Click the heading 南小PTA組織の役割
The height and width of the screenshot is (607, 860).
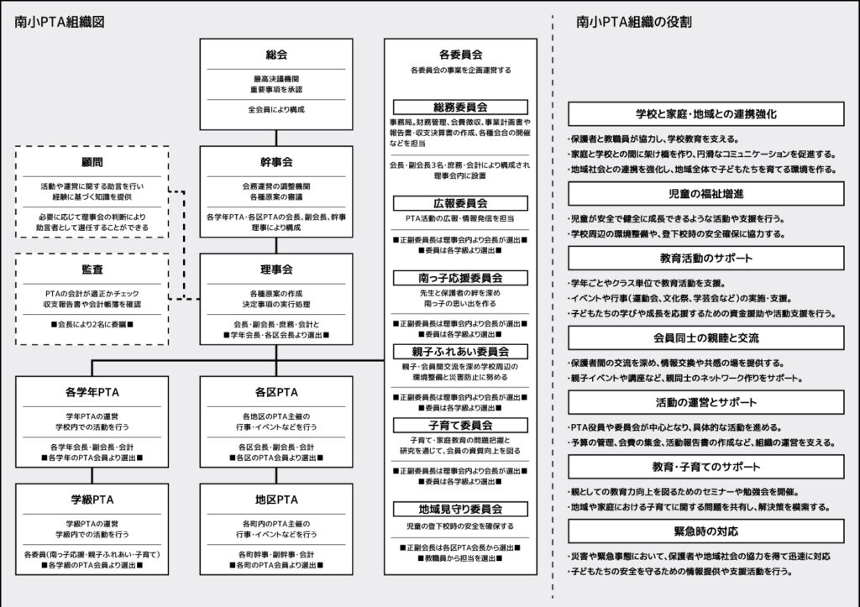click(634, 23)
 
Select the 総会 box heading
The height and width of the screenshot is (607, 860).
click(276, 55)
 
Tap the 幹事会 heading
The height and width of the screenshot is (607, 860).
click(276, 162)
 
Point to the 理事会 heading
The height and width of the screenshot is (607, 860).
click(276, 269)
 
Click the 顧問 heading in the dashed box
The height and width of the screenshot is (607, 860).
click(92, 162)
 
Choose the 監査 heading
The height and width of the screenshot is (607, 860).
click(92, 269)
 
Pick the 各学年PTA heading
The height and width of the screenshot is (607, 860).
click(92, 392)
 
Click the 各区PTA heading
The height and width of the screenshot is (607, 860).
click(276, 392)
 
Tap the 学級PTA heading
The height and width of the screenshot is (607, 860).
click(92, 500)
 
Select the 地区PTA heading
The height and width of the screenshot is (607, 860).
click(276, 500)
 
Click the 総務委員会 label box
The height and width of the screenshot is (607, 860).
click(460, 107)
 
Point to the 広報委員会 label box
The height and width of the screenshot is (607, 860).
click(460, 203)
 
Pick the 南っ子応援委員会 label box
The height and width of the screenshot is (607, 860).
click(460, 277)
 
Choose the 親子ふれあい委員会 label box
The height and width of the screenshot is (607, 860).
click(460, 351)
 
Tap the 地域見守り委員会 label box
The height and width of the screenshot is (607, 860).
click(460, 509)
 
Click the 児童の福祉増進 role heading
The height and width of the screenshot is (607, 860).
click(705, 195)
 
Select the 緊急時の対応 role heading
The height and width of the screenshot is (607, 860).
click(705, 531)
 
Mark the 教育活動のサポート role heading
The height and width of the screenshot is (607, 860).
click(705, 259)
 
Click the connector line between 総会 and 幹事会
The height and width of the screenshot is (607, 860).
click(276, 134)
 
